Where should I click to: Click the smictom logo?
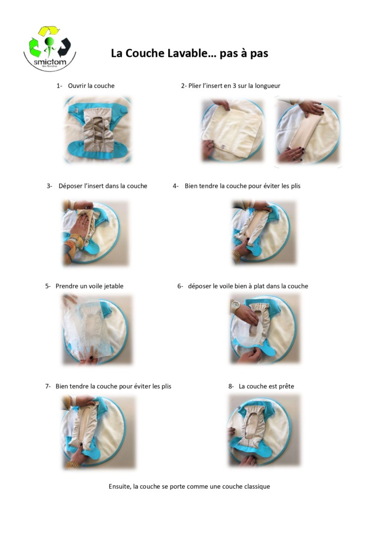coord(50,48)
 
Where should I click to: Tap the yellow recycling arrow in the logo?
coord(49,30)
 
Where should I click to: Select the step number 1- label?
coord(60,86)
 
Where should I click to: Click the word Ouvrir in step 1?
coord(77,86)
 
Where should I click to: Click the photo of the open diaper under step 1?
coord(97,130)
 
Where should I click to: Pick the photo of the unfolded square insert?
coord(233,130)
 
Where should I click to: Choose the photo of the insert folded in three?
coord(308,132)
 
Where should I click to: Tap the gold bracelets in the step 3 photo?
coord(76,242)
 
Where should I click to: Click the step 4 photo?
coord(263,232)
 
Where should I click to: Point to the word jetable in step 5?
coord(113,286)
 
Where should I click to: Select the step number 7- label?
coord(48,386)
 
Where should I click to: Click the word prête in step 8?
coord(286,387)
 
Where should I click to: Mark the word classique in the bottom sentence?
coord(257,487)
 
